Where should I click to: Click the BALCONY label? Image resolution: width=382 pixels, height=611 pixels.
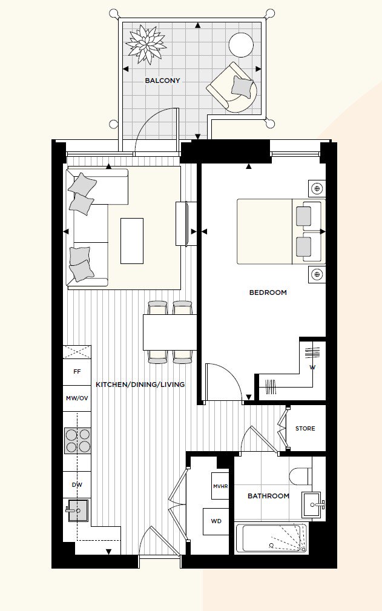[162, 81]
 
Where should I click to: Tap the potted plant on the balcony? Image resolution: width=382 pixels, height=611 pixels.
[146, 44]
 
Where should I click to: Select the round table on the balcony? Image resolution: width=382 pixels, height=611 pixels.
[241, 45]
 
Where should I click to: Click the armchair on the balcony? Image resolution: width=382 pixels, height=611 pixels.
[232, 87]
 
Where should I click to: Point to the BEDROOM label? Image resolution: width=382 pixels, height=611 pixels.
[268, 292]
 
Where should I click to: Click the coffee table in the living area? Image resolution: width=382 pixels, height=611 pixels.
[132, 241]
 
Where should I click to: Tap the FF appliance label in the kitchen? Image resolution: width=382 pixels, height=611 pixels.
[77, 372]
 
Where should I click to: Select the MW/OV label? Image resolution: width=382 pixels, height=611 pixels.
[77, 398]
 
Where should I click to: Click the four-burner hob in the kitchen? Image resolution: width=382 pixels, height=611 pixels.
[77, 440]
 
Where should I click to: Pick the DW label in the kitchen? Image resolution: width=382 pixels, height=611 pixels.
[77, 485]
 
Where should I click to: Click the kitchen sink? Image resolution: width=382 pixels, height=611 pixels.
[77, 510]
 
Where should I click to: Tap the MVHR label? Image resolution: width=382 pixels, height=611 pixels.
[220, 486]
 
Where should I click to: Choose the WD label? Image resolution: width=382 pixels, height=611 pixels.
[216, 521]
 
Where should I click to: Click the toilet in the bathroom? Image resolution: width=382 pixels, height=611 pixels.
[301, 476]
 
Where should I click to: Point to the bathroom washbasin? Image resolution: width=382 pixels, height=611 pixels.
[313, 505]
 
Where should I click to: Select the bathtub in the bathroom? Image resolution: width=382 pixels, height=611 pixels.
[271, 538]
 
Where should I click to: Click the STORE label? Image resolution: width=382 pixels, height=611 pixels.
[305, 429]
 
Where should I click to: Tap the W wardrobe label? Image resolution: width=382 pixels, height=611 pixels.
[312, 367]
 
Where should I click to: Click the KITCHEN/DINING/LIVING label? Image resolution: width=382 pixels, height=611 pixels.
[140, 385]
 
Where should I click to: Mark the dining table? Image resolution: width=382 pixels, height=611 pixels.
[170, 332]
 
